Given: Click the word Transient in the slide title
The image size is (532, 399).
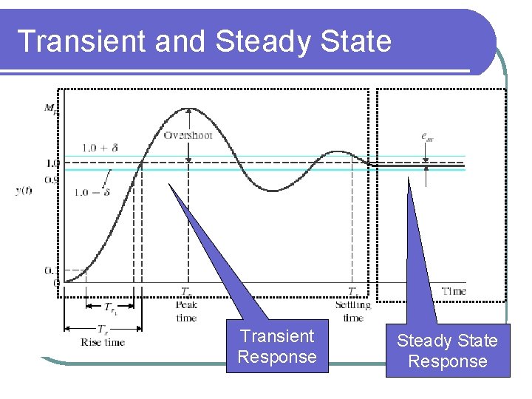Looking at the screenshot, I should tap(81, 41).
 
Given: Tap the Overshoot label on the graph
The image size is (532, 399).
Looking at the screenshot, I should tap(188, 135).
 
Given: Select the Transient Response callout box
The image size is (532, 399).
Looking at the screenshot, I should tap(277, 347).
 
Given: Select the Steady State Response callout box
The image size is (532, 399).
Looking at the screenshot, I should tap(448, 351).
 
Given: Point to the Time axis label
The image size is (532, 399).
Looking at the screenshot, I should tap(454, 291).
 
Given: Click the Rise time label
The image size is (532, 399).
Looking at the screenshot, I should tap(103, 342).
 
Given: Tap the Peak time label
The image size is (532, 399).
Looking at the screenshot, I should tap(186, 311).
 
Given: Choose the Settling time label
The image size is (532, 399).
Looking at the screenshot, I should tap(353, 311).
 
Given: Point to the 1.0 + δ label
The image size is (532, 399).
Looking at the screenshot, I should tap(99, 148).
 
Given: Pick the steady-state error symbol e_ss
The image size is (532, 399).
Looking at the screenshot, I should tap(427, 136).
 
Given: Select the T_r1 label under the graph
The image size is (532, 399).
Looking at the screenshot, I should tap(110, 307).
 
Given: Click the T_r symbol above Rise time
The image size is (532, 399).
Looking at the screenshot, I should tap(102, 330).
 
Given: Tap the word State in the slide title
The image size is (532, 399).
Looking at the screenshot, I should tap(352, 41).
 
